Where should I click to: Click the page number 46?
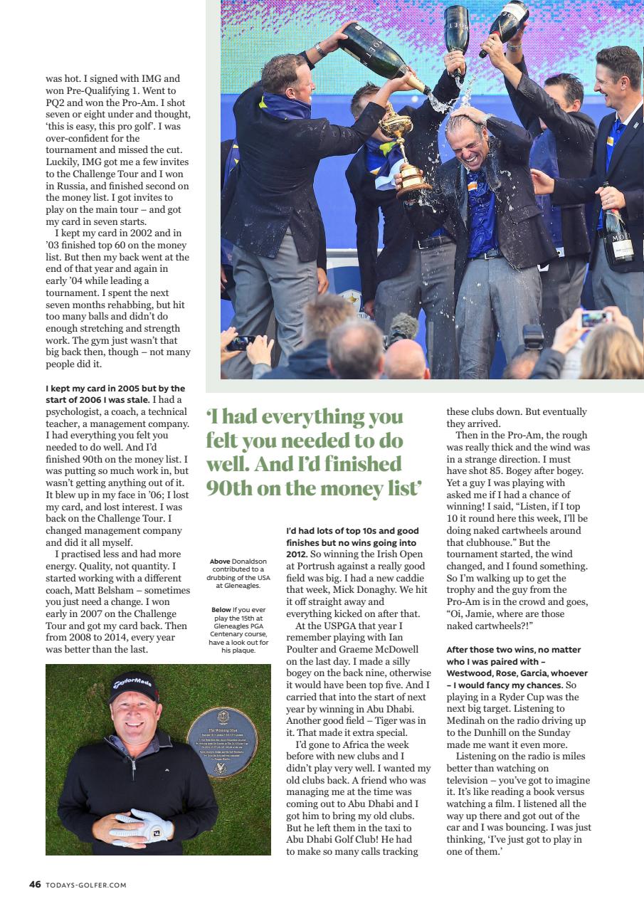[35, 885]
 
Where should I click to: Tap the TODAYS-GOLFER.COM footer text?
[86, 885]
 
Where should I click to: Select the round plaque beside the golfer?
[223, 742]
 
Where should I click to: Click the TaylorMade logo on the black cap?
[132, 684]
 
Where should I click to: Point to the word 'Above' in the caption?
[220, 562]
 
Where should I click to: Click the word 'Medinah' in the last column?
[468, 720]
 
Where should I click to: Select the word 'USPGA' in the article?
[334, 626]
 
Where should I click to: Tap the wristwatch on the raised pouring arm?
[321, 50]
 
